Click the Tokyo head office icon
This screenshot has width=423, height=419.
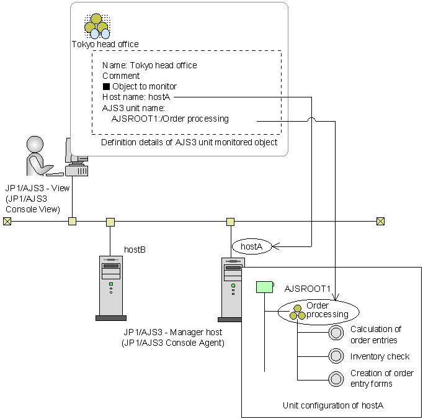(97, 25)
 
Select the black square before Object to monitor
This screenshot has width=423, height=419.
(106, 86)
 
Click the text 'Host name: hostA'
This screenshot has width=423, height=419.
(136, 97)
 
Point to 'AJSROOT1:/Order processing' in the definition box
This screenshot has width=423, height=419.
(169, 119)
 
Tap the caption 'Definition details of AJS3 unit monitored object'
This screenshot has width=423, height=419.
(189, 143)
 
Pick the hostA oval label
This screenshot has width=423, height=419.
(252, 246)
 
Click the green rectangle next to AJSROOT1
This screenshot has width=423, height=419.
(265, 287)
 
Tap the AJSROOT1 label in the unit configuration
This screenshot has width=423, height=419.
(308, 289)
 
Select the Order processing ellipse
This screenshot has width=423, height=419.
(318, 310)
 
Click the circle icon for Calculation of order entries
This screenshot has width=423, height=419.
(336, 334)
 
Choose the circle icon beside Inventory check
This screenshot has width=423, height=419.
(336, 356)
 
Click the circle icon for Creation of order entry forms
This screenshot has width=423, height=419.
(336, 378)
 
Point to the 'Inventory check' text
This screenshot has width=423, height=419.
(380, 356)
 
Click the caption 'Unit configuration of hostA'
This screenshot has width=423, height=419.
(333, 405)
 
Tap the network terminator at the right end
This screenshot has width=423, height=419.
(381, 221)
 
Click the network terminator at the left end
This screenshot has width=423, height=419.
(7, 221)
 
